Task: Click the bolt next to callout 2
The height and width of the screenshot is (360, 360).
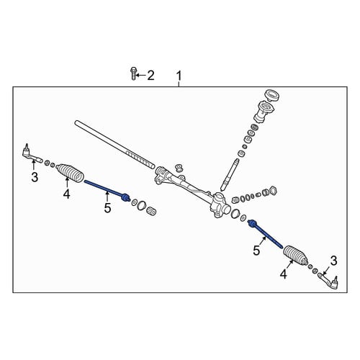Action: tap(134, 73)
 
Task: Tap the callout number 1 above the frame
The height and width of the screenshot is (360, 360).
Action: tap(179, 76)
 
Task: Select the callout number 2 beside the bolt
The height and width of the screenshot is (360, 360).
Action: tap(150, 76)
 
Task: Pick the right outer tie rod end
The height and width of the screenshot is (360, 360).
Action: tap(329, 282)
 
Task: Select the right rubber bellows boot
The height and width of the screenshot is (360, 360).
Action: tap(296, 256)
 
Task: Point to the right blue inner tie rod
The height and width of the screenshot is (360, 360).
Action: tap(265, 233)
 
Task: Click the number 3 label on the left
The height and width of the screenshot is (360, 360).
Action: tap(35, 177)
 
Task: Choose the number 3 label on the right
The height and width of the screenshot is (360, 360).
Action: tap(333, 261)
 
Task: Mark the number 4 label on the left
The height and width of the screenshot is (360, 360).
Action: tap(66, 194)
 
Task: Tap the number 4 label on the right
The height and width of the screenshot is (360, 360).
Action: tap(284, 274)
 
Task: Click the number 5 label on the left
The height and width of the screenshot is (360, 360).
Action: tap(107, 208)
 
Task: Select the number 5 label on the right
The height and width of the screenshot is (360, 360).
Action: tap(256, 251)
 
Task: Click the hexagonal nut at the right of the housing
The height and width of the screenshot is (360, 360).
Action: tap(274, 190)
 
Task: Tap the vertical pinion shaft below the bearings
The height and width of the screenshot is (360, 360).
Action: tap(230, 175)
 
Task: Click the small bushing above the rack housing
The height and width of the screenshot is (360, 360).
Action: tap(179, 168)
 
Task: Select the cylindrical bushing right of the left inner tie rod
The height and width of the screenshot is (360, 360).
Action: tap(151, 211)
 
